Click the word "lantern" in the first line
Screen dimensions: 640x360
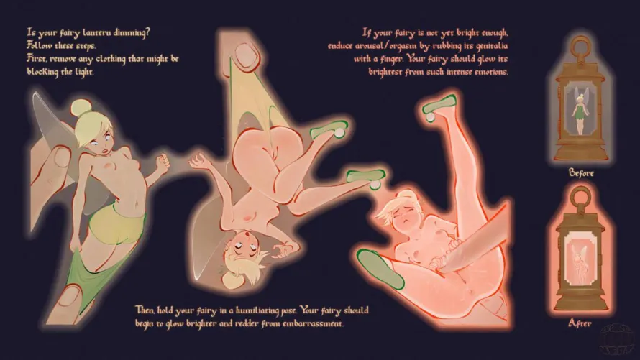(x=97, y=32)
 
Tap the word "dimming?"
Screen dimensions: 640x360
(x=132, y=32)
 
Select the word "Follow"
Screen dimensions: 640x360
(x=40, y=45)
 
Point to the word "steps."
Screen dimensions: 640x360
(x=86, y=46)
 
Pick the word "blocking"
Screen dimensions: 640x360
(x=42, y=72)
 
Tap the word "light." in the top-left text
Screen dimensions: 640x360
(x=83, y=72)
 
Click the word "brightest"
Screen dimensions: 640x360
(x=385, y=72)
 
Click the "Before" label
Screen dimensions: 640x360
(x=581, y=173)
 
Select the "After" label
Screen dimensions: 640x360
(x=580, y=323)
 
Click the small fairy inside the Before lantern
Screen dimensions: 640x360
(x=579, y=110)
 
